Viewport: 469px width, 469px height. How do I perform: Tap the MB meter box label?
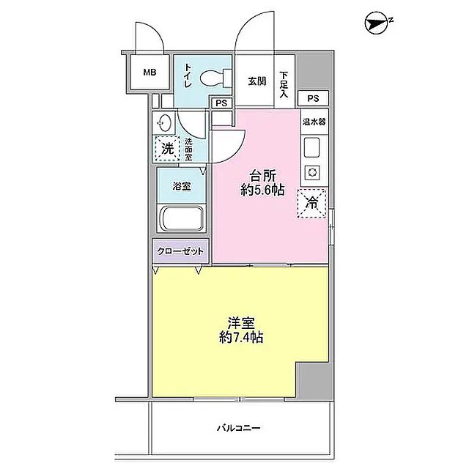pos(149,73)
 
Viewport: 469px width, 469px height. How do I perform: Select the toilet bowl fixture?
pos(215,77)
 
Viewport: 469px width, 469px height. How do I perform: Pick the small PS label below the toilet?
pos(220,103)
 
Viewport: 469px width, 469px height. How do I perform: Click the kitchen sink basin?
pos(311,148)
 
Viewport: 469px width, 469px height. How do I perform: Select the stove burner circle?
pos(311,173)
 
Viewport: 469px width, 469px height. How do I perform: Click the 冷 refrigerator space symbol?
pos(311,204)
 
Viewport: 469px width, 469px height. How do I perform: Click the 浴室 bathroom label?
pos(182,187)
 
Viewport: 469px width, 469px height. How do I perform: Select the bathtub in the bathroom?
pos(183,219)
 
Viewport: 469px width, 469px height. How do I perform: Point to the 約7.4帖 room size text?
pos(241,338)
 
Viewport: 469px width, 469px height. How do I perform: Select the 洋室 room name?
pos(242,322)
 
